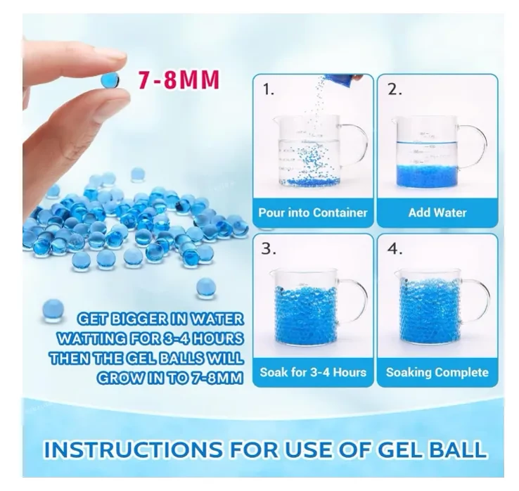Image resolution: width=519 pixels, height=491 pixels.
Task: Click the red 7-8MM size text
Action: pyautogui.click(x=179, y=79)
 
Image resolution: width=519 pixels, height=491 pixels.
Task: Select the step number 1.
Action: pyautogui.click(x=268, y=89)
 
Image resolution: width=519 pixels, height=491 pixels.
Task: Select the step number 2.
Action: pyautogui.click(x=395, y=89)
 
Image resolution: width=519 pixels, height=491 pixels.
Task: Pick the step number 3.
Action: pyautogui.click(x=268, y=249)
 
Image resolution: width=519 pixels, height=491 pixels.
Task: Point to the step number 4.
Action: pyautogui.click(x=395, y=249)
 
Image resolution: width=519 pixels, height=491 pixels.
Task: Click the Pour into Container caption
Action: pyautogui.click(x=313, y=212)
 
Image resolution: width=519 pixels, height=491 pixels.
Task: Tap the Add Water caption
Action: pyautogui.click(x=437, y=212)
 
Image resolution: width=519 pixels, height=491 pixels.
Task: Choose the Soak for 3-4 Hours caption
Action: pyautogui.click(x=313, y=373)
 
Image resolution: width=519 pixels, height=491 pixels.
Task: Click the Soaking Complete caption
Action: pyautogui.click(x=437, y=373)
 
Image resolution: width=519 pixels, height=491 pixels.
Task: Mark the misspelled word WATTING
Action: pyautogui.click(x=91, y=338)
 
